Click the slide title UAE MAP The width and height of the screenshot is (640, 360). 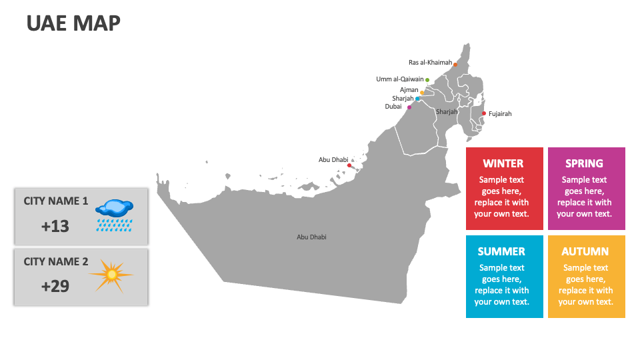tap(73, 23)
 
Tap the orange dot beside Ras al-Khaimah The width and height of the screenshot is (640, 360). tap(455, 65)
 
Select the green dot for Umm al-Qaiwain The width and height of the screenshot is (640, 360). tap(427, 80)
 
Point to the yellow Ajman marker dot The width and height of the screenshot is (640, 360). tap(422, 93)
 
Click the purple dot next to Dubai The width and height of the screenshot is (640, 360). tap(409, 107)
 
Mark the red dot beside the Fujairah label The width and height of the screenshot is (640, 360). tap(483, 113)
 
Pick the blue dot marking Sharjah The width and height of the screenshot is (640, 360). tap(417, 99)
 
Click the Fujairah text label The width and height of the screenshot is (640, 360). tap(500, 114)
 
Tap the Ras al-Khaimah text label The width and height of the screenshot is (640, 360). tap(430, 63)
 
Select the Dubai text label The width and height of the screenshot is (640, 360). tap(393, 107)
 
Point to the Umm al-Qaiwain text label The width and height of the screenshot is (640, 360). tap(399, 79)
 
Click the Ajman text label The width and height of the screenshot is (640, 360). tap(409, 89)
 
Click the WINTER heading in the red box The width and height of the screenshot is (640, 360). tap(503, 163)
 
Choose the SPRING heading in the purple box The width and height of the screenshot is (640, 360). tap(584, 163)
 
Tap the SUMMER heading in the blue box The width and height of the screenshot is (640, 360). tap(501, 251)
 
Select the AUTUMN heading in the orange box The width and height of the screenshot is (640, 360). tap(585, 251)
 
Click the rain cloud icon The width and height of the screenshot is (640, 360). tap(114, 214)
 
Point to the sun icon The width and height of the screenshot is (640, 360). tap(111, 274)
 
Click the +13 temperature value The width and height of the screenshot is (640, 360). tap(55, 227)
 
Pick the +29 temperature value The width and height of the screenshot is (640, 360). tap(55, 287)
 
